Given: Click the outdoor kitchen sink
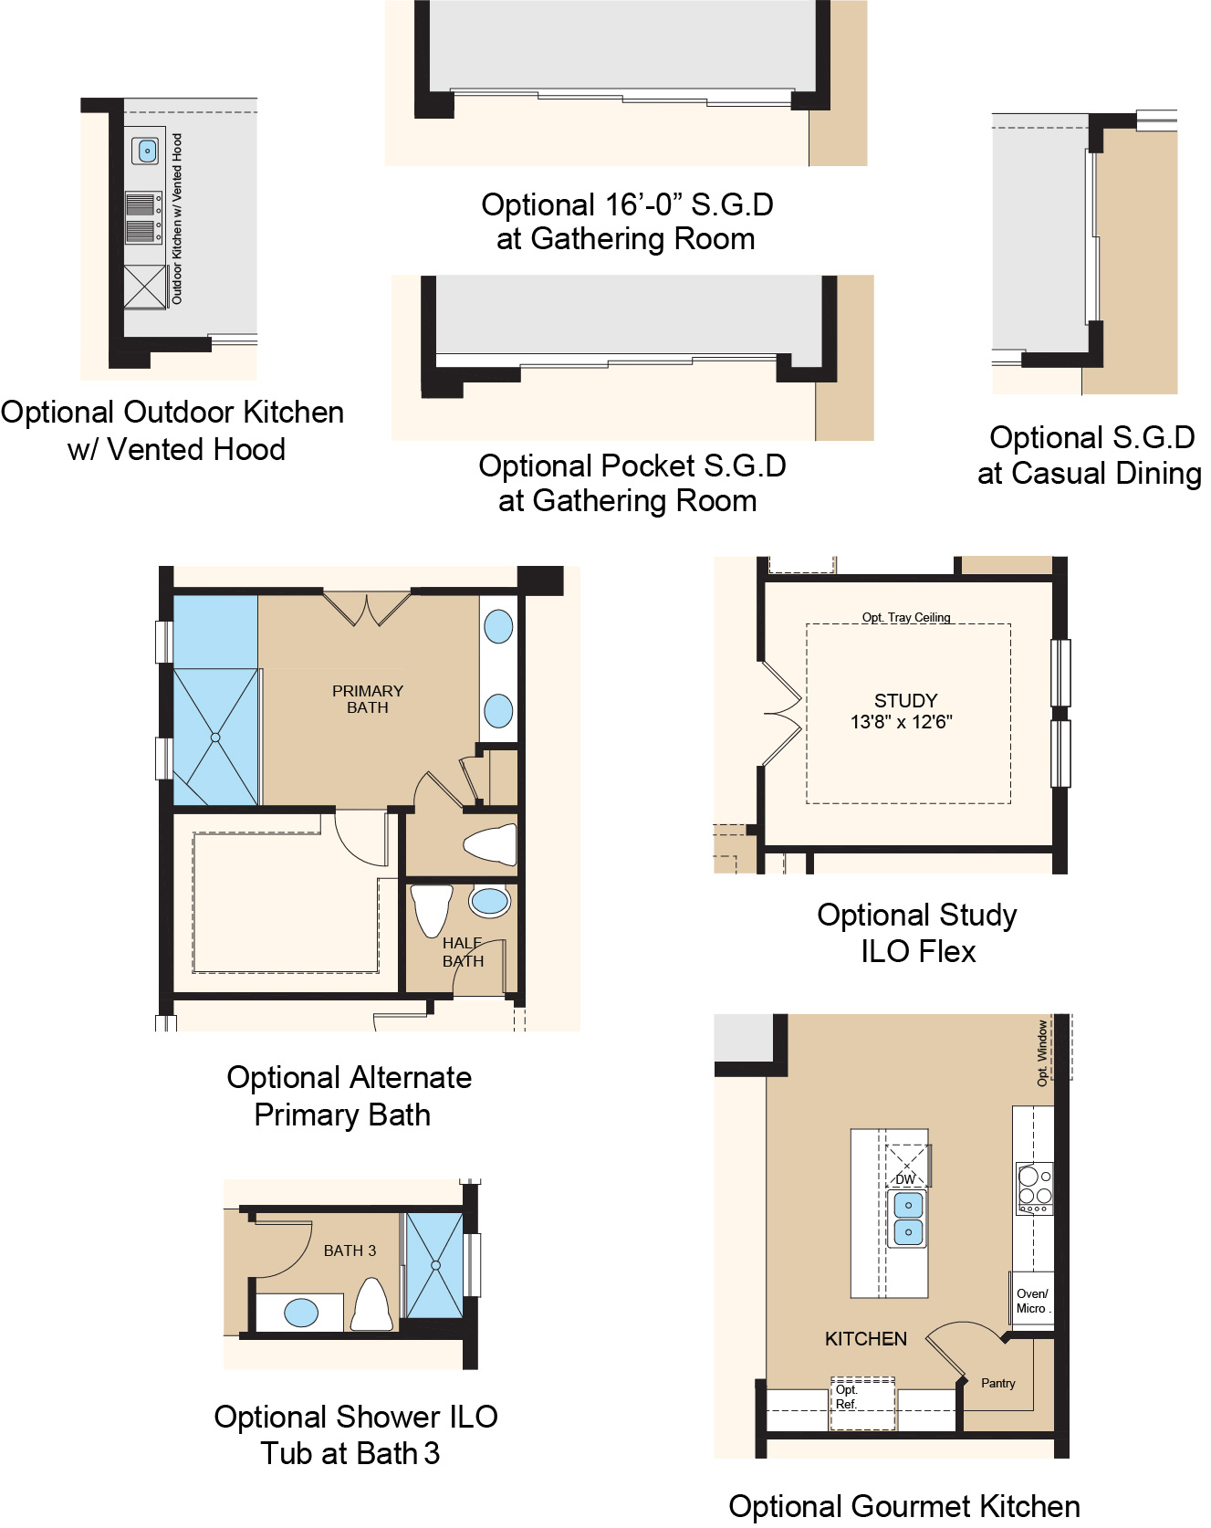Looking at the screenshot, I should [146, 151].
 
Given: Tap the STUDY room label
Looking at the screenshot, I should [905, 700].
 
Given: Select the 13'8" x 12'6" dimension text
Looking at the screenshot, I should [901, 722].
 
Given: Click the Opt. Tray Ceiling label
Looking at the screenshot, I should [906, 617].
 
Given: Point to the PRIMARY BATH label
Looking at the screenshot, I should [368, 699].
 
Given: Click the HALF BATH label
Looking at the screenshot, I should [463, 952].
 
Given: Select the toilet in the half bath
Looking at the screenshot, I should [432, 907].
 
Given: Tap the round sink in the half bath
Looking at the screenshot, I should [490, 902].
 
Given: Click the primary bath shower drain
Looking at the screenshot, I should [215, 737].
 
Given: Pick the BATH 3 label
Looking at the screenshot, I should [350, 1251].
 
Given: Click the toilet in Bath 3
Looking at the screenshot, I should [372, 1305].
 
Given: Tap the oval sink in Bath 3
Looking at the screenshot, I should [301, 1313].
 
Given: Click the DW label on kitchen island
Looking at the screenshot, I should [905, 1179].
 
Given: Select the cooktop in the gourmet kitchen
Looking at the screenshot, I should [1035, 1188].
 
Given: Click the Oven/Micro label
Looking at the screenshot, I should [1032, 1301].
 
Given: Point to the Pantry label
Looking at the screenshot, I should [997, 1383].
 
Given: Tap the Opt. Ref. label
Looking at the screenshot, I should [846, 1397].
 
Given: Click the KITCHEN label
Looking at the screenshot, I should [866, 1339].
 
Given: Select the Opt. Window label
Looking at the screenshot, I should [1042, 1052].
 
